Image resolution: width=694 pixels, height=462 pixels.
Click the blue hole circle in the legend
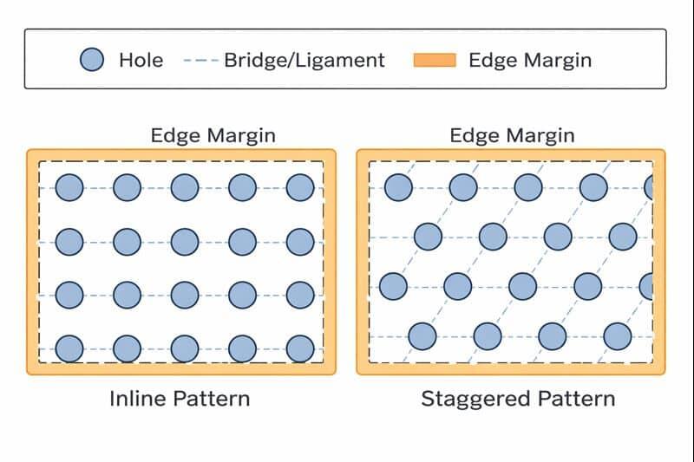[x=92, y=60]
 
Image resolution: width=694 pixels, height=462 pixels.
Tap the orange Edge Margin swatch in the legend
[x=434, y=60]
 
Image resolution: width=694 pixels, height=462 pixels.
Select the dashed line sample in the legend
[x=201, y=61]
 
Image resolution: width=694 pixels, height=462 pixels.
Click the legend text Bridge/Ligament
[x=304, y=60]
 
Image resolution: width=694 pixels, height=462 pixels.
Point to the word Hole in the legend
[x=141, y=60]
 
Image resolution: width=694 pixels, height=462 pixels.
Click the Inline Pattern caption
[x=180, y=399]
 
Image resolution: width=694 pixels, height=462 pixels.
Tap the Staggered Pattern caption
[x=518, y=399]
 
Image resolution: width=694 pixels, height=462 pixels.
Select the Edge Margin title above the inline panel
[x=213, y=135]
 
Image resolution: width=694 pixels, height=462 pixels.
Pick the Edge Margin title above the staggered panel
[x=512, y=135]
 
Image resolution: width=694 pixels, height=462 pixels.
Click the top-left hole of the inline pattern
[x=69, y=187]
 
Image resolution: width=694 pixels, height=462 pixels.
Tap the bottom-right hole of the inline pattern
[x=299, y=348]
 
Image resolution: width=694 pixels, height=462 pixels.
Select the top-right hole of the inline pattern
[x=299, y=187]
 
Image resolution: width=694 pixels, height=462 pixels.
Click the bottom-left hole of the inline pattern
[x=69, y=348]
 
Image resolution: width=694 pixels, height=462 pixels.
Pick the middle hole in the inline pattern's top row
[x=185, y=187]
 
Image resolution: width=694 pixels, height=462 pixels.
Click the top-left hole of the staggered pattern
[x=398, y=187]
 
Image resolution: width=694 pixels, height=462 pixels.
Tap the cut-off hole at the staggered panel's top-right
[x=648, y=186]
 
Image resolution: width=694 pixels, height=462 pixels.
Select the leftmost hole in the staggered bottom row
[x=422, y=335]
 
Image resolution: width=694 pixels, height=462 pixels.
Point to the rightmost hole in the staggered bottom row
[x=617, y=335]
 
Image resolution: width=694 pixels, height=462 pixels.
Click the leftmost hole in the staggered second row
[x=428, y=236]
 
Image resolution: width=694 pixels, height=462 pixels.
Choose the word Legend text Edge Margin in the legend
[x=530, y=60]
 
